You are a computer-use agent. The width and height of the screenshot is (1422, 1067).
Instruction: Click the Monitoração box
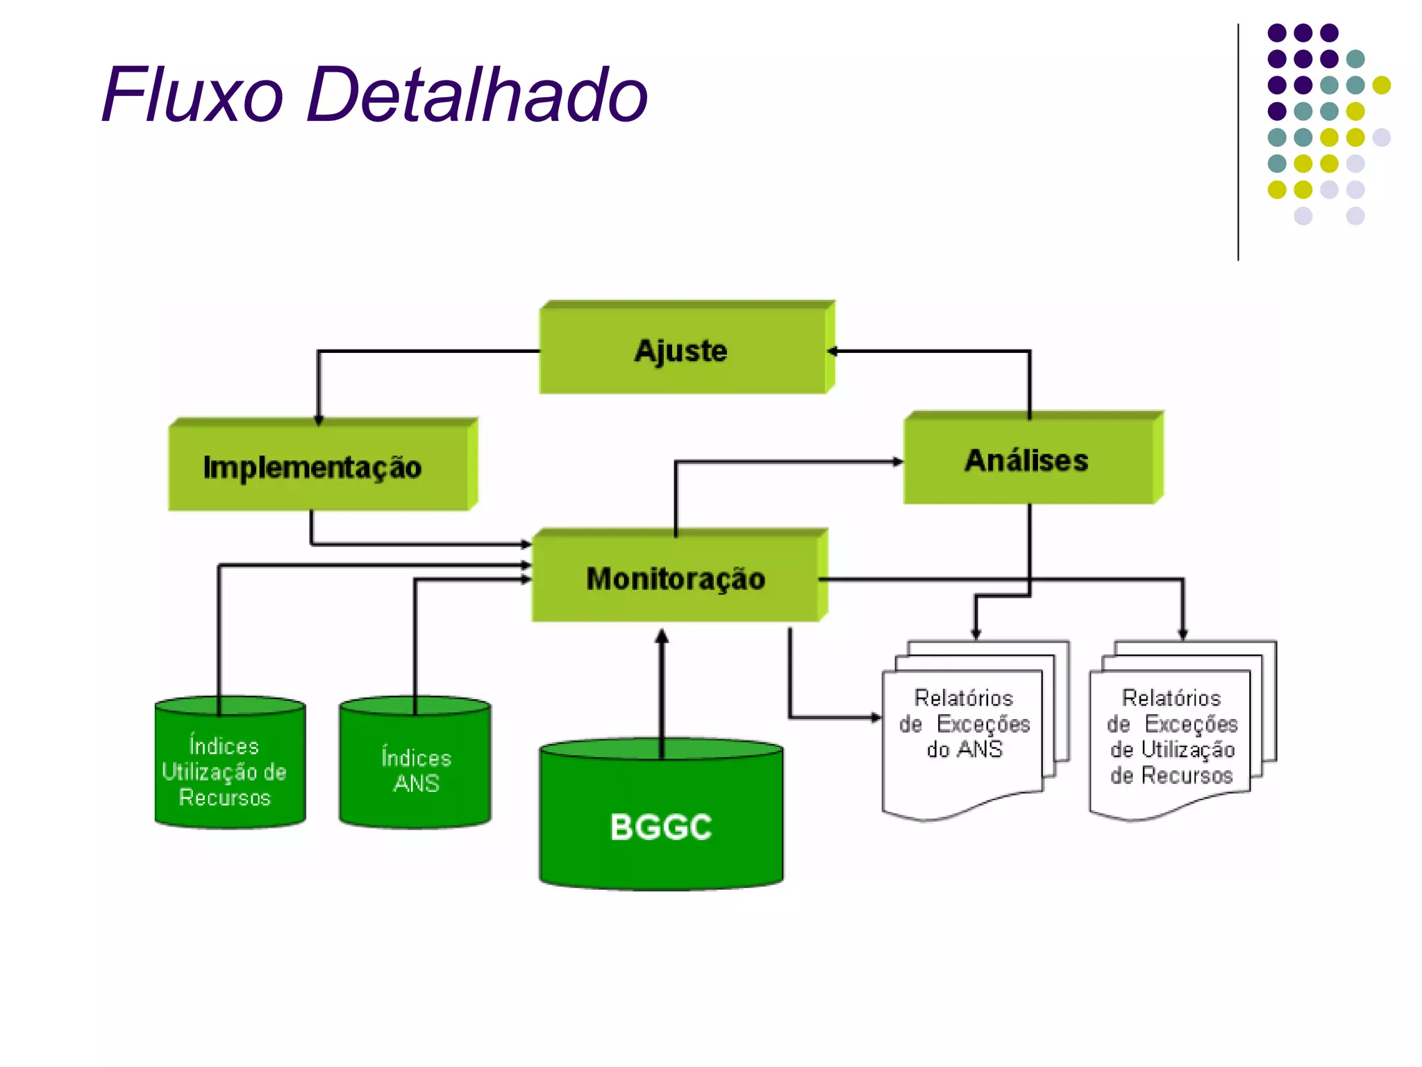(676, 578)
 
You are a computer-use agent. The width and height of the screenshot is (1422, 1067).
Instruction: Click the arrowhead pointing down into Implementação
(319, 420)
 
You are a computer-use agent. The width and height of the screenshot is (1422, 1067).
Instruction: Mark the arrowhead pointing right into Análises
(897, 461)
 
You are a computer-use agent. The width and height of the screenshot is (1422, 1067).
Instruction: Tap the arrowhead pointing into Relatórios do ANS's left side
(876, 718)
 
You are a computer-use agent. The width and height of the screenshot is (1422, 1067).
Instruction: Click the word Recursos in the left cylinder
(224, 797)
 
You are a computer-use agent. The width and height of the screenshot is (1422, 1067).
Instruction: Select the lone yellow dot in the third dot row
(1382, 85)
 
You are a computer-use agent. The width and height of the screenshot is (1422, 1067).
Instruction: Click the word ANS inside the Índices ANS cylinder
(416, 784)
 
